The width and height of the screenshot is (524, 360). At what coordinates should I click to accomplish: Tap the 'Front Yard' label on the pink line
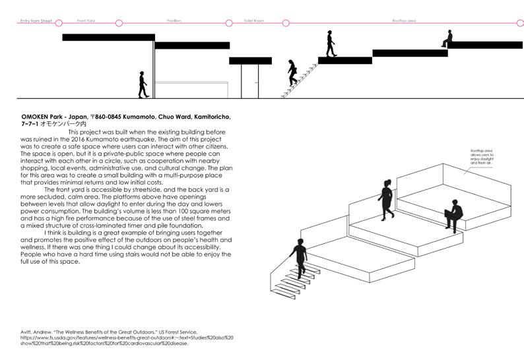tap(86, 21)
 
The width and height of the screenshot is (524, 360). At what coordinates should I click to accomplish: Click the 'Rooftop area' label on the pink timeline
tap(404, 21)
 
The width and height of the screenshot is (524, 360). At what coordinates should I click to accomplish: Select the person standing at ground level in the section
tap(143, 84)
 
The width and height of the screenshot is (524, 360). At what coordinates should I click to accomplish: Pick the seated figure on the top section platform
tap(448, 38)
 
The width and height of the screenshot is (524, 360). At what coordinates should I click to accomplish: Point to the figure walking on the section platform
tap(331, 44)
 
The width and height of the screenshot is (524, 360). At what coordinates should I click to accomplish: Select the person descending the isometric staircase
tap(299, 258)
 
